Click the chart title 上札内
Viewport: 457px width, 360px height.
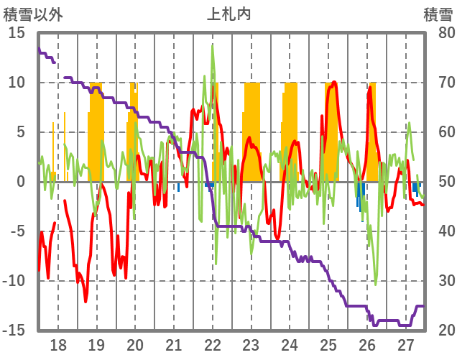228,14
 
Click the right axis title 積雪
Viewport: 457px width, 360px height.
438,14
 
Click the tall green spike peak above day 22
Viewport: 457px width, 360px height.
213,46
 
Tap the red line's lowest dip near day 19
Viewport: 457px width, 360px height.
86,301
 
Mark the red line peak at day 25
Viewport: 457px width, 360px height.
333,83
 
